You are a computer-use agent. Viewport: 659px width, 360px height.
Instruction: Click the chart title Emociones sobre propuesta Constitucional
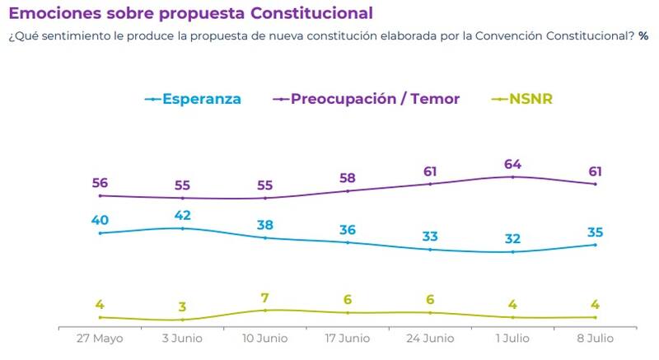pos(189,13)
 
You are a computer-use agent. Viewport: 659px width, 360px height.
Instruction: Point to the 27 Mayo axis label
pos(100,338)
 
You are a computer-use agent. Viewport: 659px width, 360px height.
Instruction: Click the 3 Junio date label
pos(182,338)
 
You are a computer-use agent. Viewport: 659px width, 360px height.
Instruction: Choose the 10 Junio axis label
pos(264,338)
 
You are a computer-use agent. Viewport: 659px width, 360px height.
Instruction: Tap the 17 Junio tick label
pos(347,338)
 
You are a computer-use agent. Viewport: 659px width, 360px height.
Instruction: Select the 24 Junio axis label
pos(429,338)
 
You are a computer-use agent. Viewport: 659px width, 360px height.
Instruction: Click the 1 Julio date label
pos(512,338)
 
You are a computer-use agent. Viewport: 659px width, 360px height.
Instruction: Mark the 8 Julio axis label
pos(595,338)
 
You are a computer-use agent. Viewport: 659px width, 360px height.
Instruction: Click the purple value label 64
pos(512,160)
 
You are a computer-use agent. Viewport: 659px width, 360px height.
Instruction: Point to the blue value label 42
pos(182,215)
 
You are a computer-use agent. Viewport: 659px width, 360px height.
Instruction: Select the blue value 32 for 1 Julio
pos(512,239)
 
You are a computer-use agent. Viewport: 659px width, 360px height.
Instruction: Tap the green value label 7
pos(264,297)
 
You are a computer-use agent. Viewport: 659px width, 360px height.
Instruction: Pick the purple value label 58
pos(347,177)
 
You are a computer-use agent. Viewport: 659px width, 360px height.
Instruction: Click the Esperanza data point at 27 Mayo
pos(100,233)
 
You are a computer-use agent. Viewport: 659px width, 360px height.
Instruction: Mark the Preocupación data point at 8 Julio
pos(595,184)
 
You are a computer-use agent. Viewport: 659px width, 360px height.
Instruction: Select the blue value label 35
pos(595,231)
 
